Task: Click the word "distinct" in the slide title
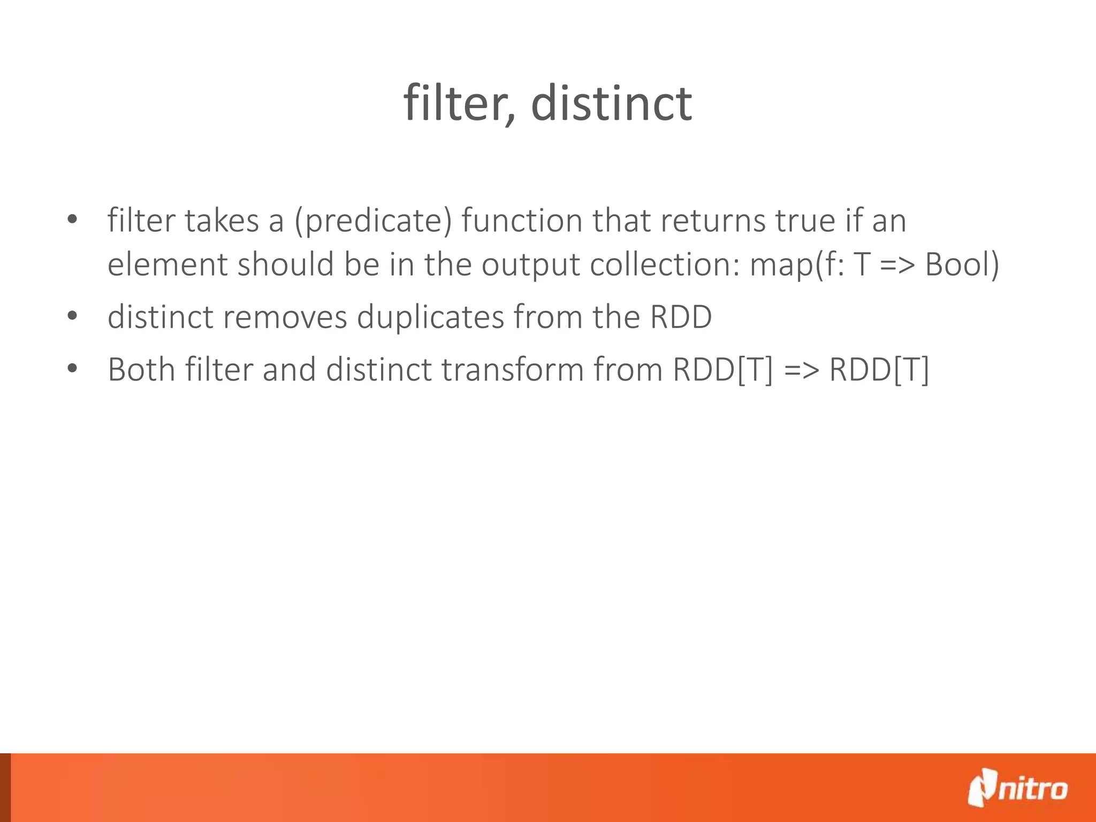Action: click(x=611, y=103)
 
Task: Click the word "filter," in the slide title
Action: click(x=459, y=103)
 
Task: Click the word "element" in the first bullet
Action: click(x=168, y=264)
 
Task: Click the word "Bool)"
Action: click(x=962, y=264)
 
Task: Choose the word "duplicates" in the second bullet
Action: click(x=430, y=317)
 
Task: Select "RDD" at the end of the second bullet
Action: click(x=681, y=317)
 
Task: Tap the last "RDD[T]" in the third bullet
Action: click(x=879, y=370)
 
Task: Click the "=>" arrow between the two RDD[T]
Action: click(x=801, y=370)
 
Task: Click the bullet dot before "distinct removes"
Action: click(x=73, y=316)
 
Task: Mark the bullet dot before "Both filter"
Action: click(x=73, y=368)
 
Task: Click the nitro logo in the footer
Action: click(x=1017, y=788)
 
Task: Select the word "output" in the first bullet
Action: click(x=530, y=265)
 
